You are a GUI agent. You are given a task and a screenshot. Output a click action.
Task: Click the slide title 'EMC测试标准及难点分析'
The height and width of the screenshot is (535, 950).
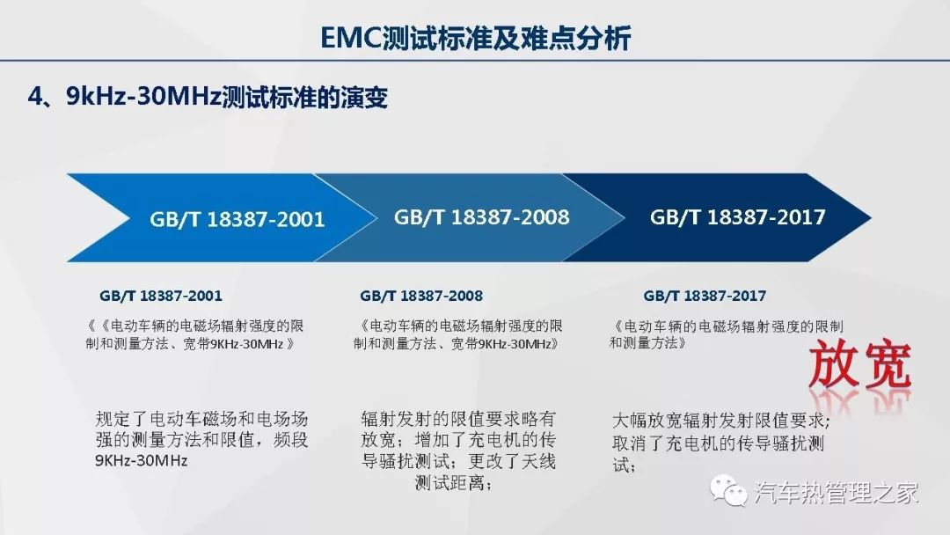(476, 38)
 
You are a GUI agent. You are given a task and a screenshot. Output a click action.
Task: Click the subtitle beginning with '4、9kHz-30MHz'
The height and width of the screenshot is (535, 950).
(208, 97)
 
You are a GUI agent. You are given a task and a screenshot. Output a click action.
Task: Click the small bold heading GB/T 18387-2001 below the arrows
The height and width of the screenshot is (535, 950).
(161, 296)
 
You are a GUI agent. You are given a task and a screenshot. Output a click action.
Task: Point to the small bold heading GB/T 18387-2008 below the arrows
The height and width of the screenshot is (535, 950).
(421, 296)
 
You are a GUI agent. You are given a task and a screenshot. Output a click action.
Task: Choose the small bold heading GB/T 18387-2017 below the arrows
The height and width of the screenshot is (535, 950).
(705, 296)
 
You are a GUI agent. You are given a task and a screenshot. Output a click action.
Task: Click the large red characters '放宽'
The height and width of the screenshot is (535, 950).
(860, 365)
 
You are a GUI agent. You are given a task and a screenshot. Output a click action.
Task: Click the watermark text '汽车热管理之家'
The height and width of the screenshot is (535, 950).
(837, 492)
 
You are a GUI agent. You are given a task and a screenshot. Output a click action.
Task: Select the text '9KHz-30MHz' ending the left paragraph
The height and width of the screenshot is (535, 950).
(141, 460)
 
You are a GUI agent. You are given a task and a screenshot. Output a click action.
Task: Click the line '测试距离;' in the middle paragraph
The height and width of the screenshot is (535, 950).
(454, 483)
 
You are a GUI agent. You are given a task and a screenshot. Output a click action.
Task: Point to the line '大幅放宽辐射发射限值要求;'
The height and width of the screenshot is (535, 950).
(721, 421)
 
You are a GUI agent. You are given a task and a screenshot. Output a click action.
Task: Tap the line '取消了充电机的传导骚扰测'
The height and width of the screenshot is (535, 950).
(719, 443)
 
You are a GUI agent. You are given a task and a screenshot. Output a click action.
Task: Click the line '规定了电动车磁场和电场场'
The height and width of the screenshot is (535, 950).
(201, 419)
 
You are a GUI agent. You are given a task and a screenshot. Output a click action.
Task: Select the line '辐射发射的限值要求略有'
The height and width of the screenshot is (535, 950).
(458, 419)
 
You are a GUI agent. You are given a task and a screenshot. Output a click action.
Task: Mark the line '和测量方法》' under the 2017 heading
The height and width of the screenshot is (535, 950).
(648, 343)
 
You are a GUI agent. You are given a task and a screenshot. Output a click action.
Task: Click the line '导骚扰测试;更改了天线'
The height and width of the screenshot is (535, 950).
(458, 461)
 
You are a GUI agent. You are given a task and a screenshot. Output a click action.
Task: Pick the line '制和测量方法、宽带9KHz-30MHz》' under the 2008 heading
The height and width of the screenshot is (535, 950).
(457, 344)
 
